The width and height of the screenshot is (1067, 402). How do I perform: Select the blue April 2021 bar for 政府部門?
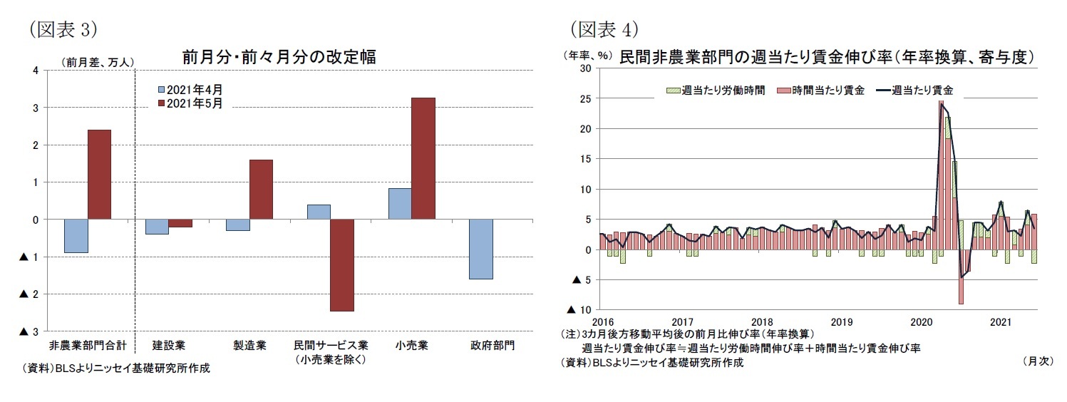[480, 249]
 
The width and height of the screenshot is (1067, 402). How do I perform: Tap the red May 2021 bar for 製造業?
[261, 189]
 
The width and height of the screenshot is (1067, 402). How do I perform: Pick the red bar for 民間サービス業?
[342, 265]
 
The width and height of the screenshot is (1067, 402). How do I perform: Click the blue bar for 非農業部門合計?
[76, 236]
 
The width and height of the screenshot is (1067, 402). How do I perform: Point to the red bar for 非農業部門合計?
[99, 175]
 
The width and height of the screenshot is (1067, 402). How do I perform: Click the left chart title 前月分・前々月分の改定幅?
[279, 56]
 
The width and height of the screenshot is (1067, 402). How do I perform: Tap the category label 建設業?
[169, 346]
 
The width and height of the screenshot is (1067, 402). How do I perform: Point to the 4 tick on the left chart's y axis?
[36, 70]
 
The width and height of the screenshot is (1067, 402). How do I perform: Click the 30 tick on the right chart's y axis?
[586, 68]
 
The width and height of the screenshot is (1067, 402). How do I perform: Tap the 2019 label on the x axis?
[841, 321]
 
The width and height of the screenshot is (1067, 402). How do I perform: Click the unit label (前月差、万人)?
[98, 62]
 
